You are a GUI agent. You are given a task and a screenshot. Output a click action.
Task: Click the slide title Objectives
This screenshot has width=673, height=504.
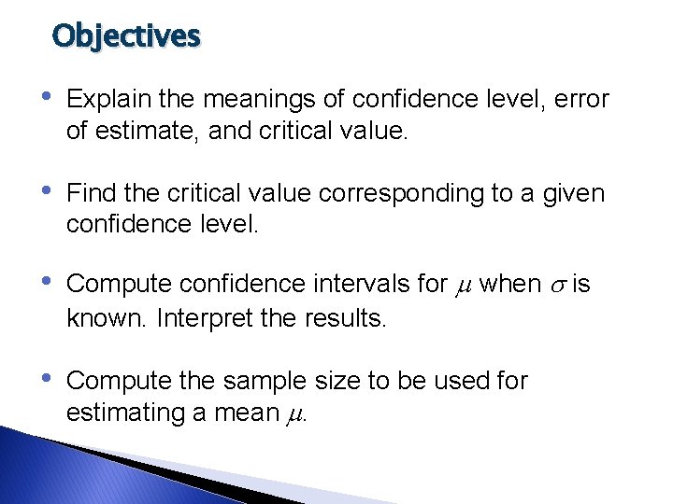point(126,35)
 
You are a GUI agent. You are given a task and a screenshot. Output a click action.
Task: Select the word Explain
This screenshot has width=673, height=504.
point(106,98)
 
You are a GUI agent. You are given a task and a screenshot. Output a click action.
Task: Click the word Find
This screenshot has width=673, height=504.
point(91,193)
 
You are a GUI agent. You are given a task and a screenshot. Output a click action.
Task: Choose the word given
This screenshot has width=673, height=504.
point(577,193)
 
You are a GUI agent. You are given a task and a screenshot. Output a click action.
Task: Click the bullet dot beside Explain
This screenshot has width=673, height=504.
point(48,97)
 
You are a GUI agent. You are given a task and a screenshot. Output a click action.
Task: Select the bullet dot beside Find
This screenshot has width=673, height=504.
point(48,192)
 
